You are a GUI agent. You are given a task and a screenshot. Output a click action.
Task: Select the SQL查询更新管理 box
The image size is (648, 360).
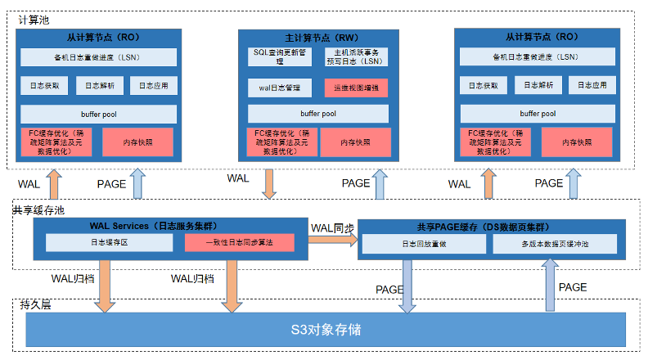pos(279,56)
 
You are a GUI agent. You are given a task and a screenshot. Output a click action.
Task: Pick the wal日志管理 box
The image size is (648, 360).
pos(279,88)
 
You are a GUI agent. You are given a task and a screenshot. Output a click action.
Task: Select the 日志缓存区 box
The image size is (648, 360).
pos(110,243)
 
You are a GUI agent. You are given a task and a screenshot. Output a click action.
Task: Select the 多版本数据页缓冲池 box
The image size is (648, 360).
pos(554,244)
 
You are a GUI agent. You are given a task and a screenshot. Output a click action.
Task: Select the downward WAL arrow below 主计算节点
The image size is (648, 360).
pos(269,183)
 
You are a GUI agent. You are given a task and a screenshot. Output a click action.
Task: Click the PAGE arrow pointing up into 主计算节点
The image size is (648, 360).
pos(379,183)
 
